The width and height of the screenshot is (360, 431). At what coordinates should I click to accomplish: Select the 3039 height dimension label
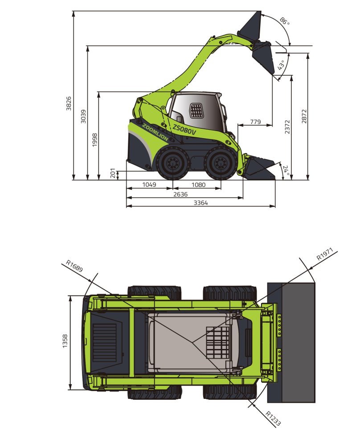83,116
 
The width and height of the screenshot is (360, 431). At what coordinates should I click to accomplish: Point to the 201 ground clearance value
113,173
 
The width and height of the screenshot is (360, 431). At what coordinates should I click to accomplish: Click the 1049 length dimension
149,185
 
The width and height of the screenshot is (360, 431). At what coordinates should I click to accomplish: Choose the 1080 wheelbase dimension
198,185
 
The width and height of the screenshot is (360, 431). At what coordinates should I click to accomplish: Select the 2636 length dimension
180,194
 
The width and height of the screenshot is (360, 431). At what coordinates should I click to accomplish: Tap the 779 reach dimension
255,122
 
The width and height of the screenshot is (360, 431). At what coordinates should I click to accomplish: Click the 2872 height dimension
304,116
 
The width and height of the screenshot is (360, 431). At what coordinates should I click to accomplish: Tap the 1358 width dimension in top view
65,342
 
